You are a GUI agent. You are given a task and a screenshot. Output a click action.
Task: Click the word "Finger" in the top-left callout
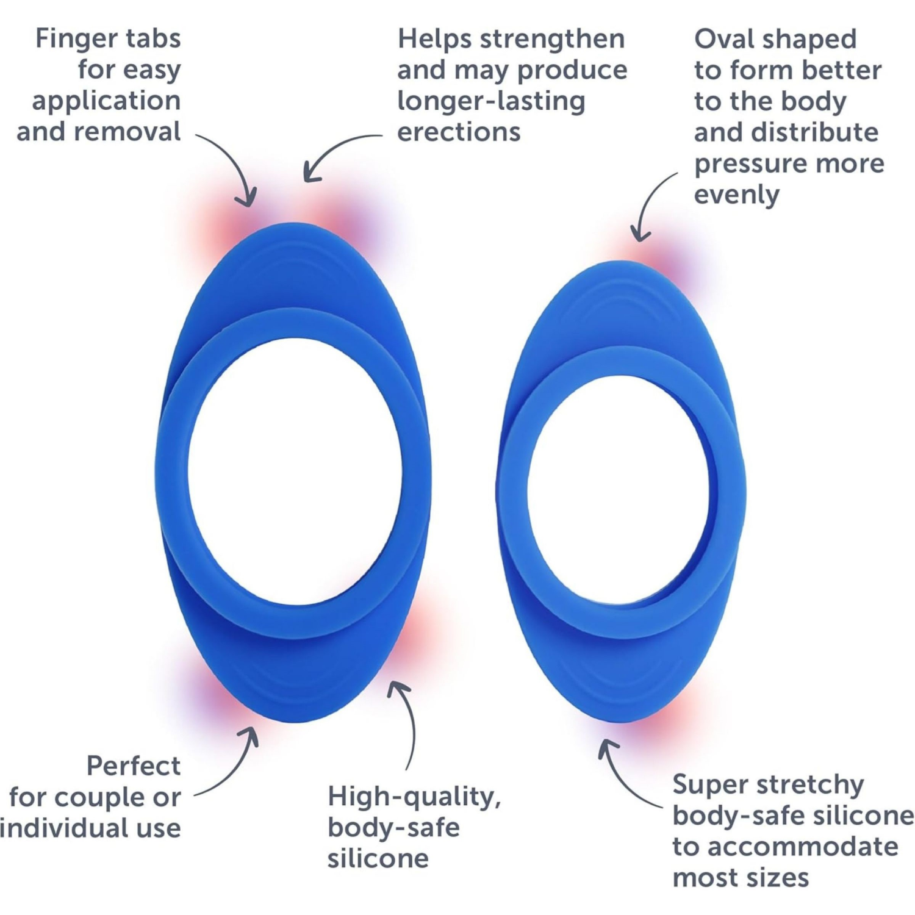[66, 39]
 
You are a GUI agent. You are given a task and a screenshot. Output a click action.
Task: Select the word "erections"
[459, 132]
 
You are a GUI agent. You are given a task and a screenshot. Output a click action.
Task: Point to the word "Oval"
[723, 39]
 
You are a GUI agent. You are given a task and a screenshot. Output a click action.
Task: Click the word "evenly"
[736, 195]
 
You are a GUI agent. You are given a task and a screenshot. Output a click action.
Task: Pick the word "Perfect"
[133, 766]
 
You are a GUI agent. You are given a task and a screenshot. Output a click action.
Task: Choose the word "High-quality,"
[414, 797]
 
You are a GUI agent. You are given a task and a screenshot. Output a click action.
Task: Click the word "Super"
[707, 784]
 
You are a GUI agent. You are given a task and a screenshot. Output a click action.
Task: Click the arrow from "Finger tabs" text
[235, 165]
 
